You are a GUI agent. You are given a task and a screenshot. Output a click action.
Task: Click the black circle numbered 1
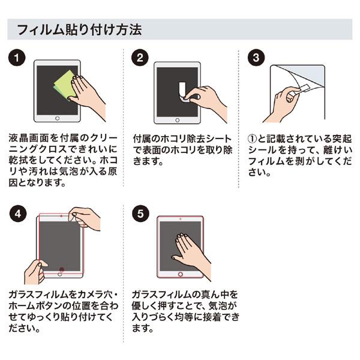pos(19,58)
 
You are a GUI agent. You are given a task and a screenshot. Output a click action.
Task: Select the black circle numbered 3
pos(256,58)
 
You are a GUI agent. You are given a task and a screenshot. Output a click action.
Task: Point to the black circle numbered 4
pos(19,213)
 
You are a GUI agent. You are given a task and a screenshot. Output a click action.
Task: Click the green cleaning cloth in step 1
pos(65,84)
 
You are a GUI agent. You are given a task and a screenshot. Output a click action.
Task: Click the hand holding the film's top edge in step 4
pos(85,217)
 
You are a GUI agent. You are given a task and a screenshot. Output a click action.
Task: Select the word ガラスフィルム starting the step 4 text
pos(40,294)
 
